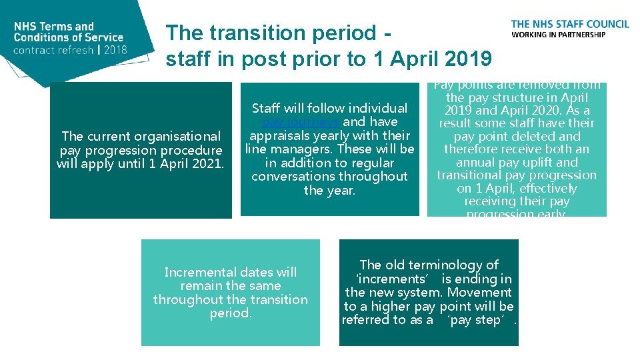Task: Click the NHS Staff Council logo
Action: click(570, 29)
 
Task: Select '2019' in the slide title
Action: click(466, 59)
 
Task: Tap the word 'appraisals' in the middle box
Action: click(280, 135)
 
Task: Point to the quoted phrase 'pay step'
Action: click(478, 320)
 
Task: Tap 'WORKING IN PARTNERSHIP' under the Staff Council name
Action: click(558, 35)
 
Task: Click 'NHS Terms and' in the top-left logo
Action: click(54, 27)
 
